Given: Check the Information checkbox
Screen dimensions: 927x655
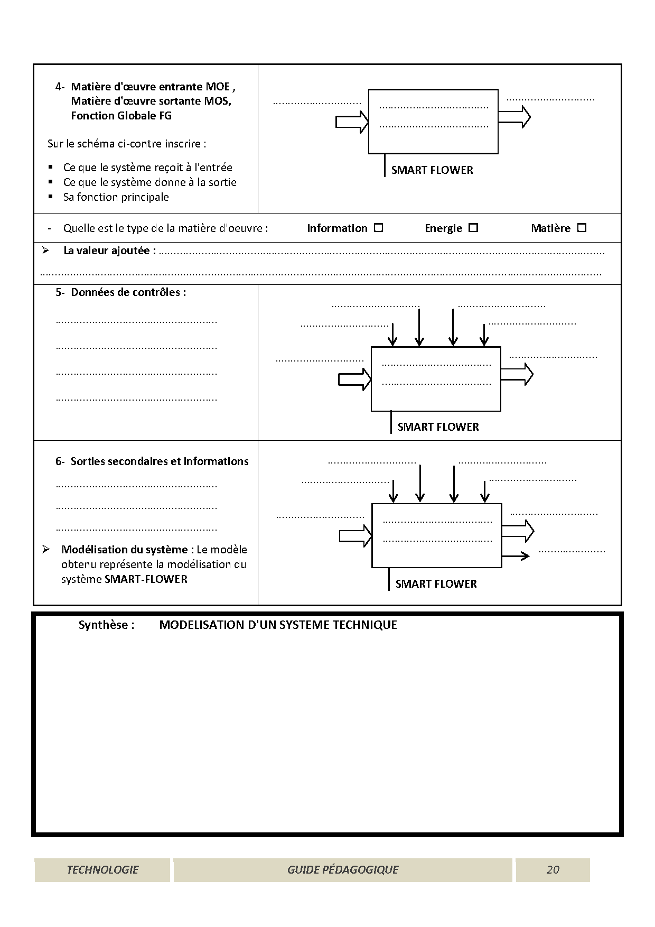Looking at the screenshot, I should (x=378, y=228).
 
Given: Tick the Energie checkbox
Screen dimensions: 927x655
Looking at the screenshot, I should (x=473, y=228).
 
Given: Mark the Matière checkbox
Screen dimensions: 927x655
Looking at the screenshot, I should (x=582, y=228).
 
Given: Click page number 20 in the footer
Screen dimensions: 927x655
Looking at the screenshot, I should (x=553, y=870).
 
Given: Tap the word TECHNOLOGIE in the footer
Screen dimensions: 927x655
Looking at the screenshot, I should (x=102, y=870).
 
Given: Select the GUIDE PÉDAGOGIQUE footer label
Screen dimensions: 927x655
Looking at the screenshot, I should (x=342, y=870).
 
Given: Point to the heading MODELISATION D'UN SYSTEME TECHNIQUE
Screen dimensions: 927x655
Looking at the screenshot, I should (x=278, y=625).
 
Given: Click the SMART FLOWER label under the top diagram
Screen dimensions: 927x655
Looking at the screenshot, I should (x=432, y=170).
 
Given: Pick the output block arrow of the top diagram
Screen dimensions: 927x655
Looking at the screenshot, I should (x=514, y=117).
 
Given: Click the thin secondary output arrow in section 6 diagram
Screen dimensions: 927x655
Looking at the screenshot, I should (x=516, y=555).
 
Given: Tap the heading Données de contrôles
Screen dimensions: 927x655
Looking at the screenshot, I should (x=128, y=292).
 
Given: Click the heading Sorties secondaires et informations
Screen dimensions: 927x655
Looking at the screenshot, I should (x=160, y=461).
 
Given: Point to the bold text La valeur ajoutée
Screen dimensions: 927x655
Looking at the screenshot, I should (x=109, y=251).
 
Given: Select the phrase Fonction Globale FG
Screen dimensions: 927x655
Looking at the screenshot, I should (x=121, y=116).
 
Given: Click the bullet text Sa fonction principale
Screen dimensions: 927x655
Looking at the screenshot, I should (x=116, y=197).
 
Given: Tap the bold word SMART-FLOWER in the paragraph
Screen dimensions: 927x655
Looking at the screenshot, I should (x=146, y=579).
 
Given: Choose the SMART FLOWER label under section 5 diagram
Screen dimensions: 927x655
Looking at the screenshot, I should (x=438, y=427).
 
